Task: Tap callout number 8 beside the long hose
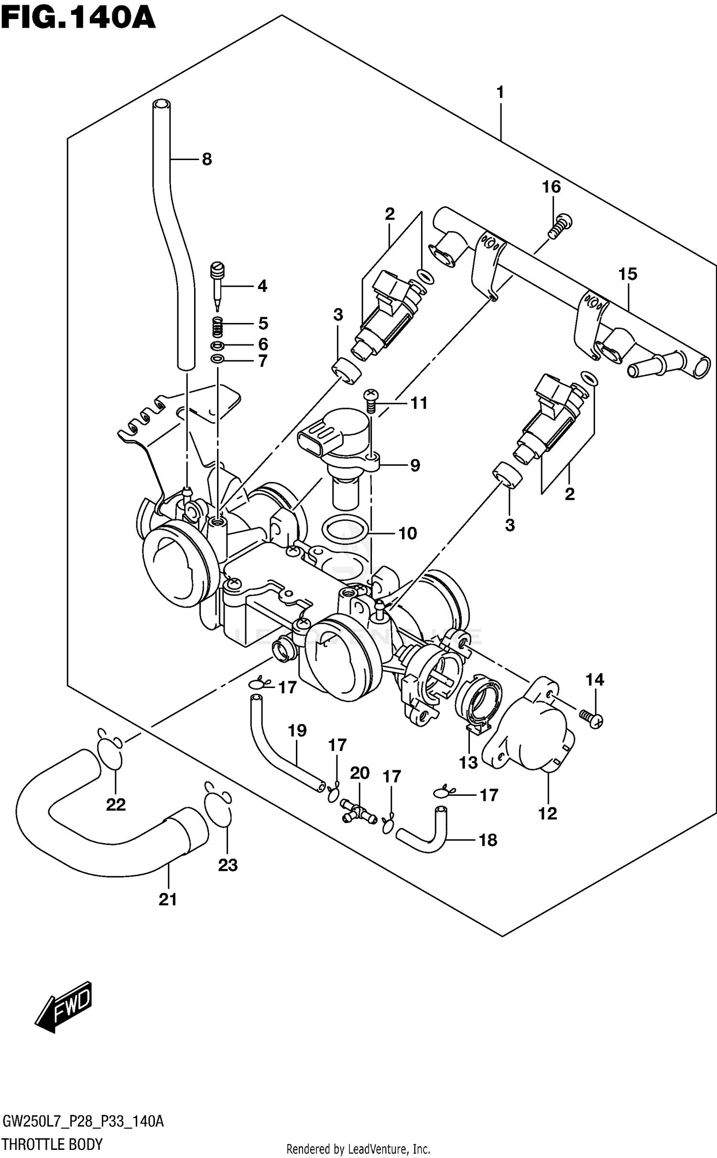coord(206,159)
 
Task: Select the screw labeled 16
coord(563,226)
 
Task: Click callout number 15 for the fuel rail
coord(628,274)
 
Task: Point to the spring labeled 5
coord(217,327)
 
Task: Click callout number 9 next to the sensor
coord(414,465)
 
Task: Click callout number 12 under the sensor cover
coord(548,813)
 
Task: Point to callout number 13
coord(468,762)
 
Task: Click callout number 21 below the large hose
coord(168,900)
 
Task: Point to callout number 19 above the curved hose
coord(297,730)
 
